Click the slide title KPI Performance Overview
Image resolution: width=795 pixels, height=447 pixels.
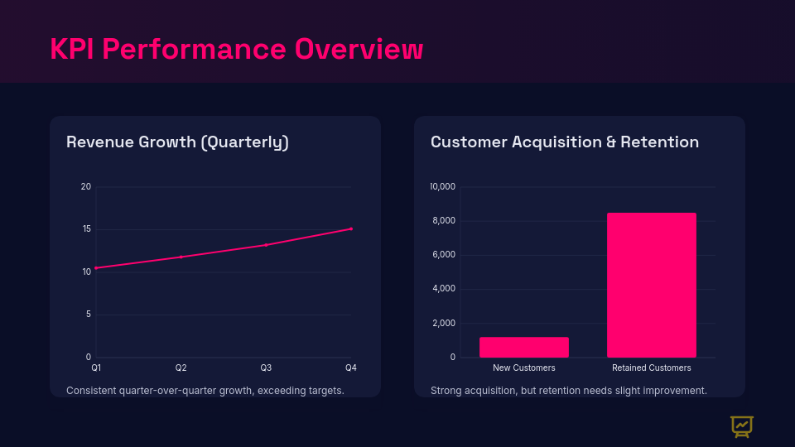coord(236,49)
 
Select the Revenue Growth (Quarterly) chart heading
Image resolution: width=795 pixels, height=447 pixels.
coord(177,142)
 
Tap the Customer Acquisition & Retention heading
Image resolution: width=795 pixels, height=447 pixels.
coord(564,142)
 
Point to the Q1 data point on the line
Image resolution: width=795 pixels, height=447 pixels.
coord(96,268)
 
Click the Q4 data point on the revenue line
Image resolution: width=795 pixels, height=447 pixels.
coord(351,228)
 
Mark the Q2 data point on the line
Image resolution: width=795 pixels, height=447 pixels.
coord(181,257)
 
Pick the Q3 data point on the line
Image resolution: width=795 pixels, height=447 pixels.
coord(266,244)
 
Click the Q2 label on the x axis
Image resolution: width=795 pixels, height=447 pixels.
coord(181,368)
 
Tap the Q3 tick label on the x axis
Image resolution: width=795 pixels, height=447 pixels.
coord(266,368)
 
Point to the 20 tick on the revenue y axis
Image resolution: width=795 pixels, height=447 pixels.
coord(86,186)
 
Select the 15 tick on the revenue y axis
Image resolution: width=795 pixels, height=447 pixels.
coord(86,229)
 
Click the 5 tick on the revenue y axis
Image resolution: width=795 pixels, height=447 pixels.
coord(88,315)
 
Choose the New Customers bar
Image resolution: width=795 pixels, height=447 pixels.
coord(524,347)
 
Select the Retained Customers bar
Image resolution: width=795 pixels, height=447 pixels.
coord(652,285)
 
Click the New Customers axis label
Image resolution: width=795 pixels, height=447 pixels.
coord(524,368)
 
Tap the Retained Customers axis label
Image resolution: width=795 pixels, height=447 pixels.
coord(652,368)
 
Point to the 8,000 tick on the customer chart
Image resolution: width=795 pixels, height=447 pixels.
coord(443,221)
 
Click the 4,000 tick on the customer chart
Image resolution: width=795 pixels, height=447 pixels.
coord(443,289)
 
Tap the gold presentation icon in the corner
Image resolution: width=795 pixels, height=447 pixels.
coord(741,426)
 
